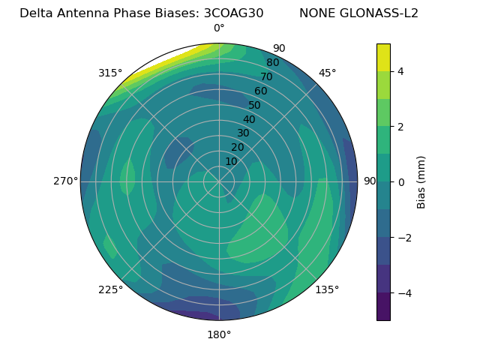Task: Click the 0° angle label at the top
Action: click(219, 28)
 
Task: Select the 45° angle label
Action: click(327, 73)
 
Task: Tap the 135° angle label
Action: click(327, 289)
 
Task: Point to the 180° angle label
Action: click(219, 334)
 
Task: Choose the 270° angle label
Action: click(65, 181)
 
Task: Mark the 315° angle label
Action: click(110, 73)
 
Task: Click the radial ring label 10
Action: click(232, 161)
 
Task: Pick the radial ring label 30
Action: click(243, 133)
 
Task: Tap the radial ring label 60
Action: click(261, 91)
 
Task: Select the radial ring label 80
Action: click(272, 63)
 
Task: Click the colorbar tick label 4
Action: click(400, 71)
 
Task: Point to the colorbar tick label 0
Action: click(400, 182)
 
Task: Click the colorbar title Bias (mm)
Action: click(421, 182)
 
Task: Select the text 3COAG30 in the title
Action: click(233, 13)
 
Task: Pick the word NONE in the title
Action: click(318, 13)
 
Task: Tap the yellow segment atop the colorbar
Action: click(383, 57)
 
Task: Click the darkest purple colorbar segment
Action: click(383, 307)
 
